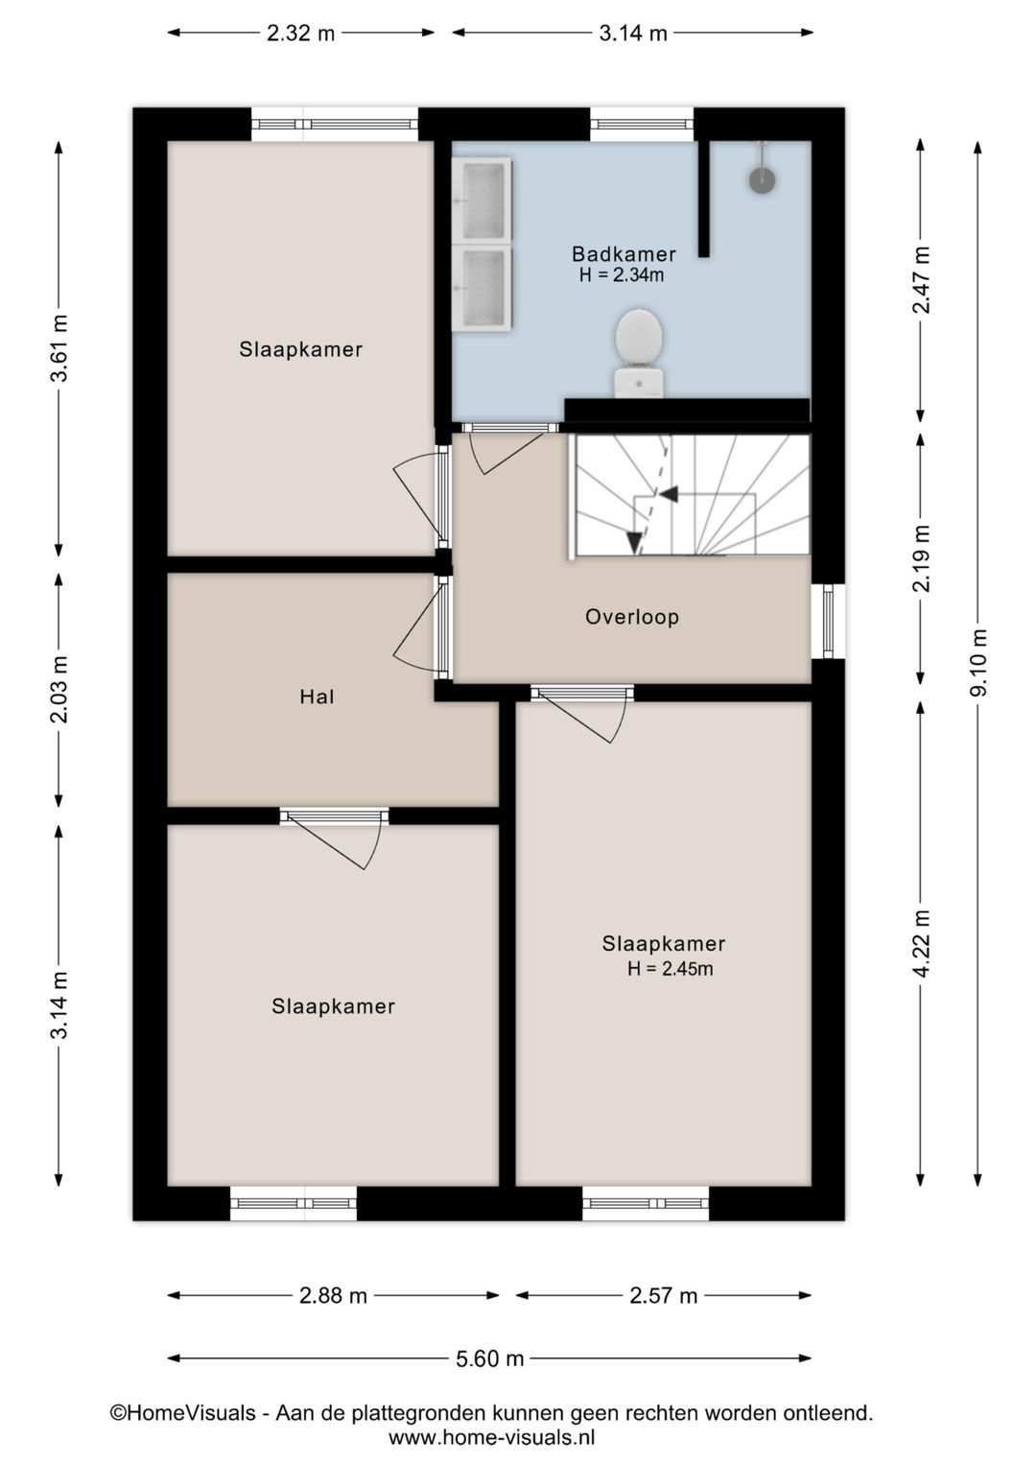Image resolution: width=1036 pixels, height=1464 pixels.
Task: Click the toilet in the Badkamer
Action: pyautogui.click(x=639, y=353)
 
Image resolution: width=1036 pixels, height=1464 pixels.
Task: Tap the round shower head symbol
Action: pyautogui.click(x=762, y=179)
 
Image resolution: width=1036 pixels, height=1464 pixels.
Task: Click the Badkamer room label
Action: pyautogui.click(x=624, y=253)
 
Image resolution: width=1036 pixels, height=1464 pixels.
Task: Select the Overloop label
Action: pyautogui.click(x=632, y=617)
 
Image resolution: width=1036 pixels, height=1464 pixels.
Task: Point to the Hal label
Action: pyautogui.click(x=317, y=697)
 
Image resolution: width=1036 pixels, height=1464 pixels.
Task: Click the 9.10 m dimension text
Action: pyautogui.click(x=978, y=663)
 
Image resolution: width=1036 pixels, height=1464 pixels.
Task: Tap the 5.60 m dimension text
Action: pyautogui.click(x=489, y=1359)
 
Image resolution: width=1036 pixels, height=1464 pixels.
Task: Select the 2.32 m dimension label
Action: pyautogui.click(x=300, y=33)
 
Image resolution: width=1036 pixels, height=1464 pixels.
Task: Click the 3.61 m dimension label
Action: pyautogui.click(x=60, y=347)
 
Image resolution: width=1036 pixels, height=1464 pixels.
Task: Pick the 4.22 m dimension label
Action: pyautogui.click(x=922, y=943)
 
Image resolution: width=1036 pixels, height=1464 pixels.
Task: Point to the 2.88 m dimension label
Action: pyautogui.click(x=333, y=1295)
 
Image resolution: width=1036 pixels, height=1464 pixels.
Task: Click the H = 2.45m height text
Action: pyautogui.click(x=670, y=969)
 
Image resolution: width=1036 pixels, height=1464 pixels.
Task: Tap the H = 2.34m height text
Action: pyautogui.click(x=622, y=275)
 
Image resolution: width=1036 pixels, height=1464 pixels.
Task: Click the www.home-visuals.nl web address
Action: pyautogui.click(x=491, y=1438)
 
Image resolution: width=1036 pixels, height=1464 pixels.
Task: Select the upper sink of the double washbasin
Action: pyautogui.click(x=483, y=200)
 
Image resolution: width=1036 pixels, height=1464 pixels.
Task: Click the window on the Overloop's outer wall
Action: pyautogui.click(x=828, y=621)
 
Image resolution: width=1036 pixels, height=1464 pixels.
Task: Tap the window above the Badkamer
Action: pyautogui.click(x=642, y=124)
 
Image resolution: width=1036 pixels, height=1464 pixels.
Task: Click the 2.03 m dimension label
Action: pyautogui.click(x=60, y=689)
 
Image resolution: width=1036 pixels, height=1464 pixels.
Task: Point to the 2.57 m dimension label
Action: pyautogui.click(x=664, y=1295)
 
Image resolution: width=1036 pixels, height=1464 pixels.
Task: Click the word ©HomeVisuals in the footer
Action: pyautogui.click(x=183, y=1412)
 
